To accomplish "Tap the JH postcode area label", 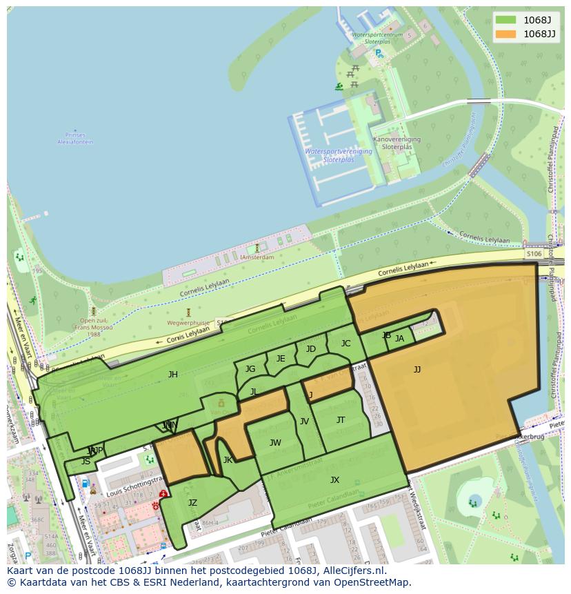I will point(173,375).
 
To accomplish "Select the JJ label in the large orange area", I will point(417,370).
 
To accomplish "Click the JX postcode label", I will point(334,480).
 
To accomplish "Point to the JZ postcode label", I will point(192,503).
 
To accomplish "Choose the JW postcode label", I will point(275,443).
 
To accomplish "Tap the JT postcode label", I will point(341,420).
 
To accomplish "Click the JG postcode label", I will point(250,369).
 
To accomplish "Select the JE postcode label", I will point(281,359).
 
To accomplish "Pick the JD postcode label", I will point(311,349).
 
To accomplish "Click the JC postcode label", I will point(345,344).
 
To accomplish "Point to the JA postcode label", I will point(399,339).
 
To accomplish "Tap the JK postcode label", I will point(228,460).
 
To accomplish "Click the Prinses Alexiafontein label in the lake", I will point(75,139).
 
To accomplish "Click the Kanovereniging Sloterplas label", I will point(397,143).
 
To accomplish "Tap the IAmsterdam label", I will point(257,257).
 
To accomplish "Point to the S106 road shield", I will point(534,254).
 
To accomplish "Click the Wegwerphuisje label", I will point(188,322).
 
